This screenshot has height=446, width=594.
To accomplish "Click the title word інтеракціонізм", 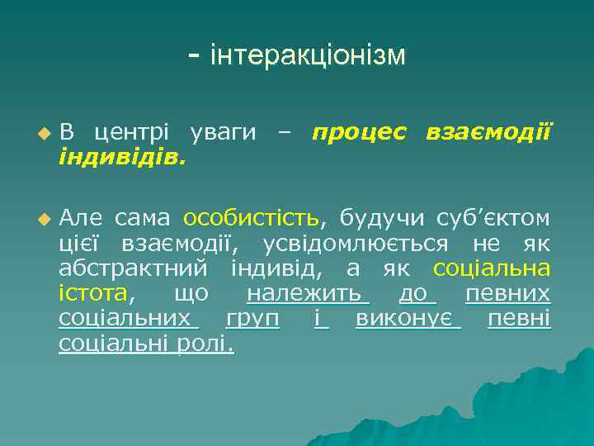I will [x=309, y=55].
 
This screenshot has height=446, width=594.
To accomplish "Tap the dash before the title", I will [x=194, y=56].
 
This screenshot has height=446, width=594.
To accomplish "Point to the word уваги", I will [x=223, y=131].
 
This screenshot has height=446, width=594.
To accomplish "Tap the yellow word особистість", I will [x=251, y=218].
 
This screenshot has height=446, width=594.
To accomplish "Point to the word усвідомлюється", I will [x=356, y=244].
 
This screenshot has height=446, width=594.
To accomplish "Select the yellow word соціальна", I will [x=492, y=268].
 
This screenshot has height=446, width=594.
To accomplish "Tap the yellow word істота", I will [x=92, y=293].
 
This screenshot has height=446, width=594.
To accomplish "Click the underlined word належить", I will [x=304, y=293].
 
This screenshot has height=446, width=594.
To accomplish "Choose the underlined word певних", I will [x=508, y=293].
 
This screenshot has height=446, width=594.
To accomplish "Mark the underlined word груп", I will [x=252, y=318].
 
